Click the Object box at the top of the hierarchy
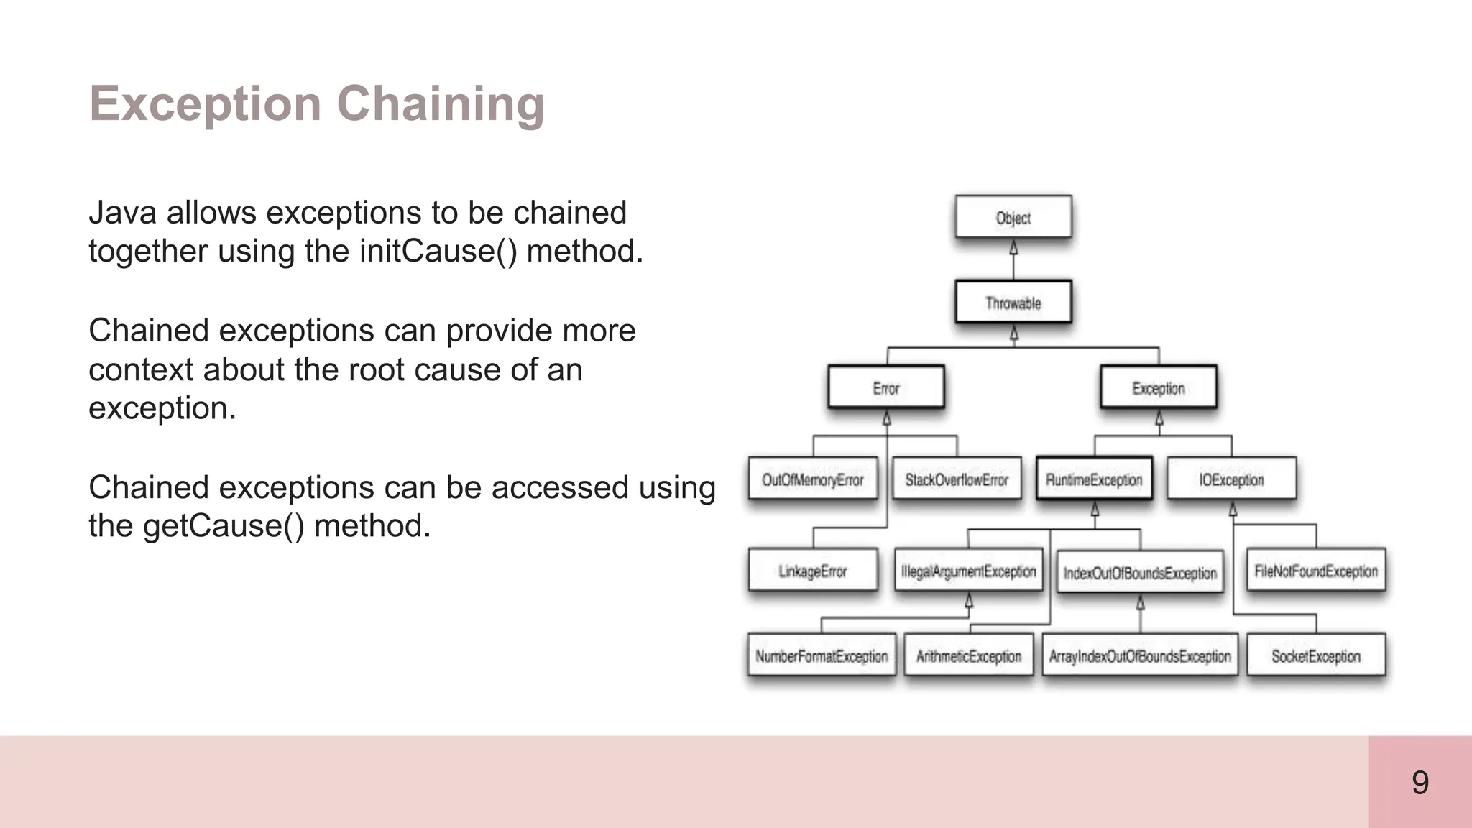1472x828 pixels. click(1013, 217)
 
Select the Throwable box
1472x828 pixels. click(1013, 303)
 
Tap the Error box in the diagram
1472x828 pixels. click(885, 388)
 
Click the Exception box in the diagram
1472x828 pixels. click(1158, 388)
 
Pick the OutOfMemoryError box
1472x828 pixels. click(813, 479)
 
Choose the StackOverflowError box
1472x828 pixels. click(957, 479)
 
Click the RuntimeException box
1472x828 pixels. click(1094, 479)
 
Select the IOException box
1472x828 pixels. click(1231, 479)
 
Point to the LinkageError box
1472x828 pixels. click(813, 571)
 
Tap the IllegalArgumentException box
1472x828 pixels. click(968, 571)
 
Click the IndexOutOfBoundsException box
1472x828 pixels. click(1140, 572)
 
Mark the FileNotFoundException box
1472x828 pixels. click(1316, 571)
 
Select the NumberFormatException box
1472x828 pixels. click(822, 655)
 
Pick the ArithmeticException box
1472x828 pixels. click(968, 655)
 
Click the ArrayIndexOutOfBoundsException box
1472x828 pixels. click(1140, 655)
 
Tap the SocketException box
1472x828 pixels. click(1316, 655)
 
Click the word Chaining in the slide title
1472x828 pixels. click(441, 104)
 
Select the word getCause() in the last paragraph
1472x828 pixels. click(224, 526)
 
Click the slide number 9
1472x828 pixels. click(1420, 782)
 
